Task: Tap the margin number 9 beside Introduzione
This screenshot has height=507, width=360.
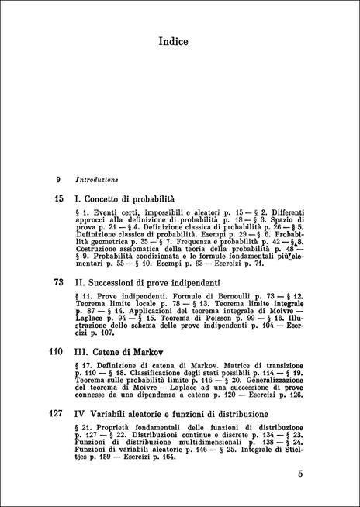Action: pyautogui.click(x=59, y=180)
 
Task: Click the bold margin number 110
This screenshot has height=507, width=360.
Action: pyautogui.click(x=55, y=351)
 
